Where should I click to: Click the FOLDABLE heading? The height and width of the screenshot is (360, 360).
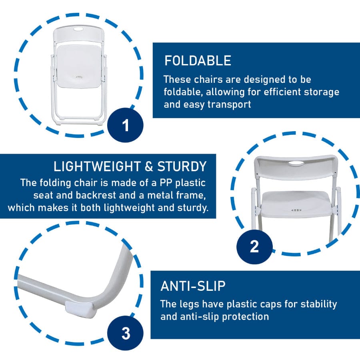[198, 60]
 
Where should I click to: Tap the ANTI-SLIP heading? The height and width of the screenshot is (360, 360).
[193, 286]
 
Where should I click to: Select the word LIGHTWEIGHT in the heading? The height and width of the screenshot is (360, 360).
[97, 166]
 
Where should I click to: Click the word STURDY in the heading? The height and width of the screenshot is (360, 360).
[182, 166]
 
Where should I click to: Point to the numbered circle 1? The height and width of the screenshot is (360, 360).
[125, 125]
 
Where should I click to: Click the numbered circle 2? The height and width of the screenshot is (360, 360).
[254, 246]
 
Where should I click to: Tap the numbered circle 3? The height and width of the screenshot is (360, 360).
[125, 333]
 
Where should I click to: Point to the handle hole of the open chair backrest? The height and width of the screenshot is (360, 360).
[296, 163]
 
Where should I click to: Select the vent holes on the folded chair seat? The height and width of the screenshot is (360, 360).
[79, 77]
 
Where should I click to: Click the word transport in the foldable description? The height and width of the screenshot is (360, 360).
[229, 104]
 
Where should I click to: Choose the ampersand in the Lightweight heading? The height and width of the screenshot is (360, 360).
[149, 167]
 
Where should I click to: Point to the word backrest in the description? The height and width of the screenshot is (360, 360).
[96, 195]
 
